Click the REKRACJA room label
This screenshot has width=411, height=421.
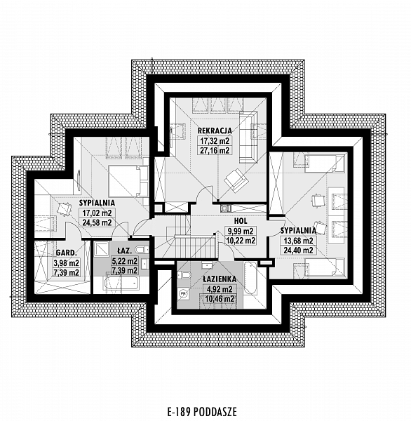coord(215,131)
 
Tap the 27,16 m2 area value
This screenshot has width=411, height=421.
coord(215,150)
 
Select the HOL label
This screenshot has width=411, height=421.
coord(241,221)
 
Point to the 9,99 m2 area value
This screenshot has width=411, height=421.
coord(241,231)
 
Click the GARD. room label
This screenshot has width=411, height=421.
coord(67,253)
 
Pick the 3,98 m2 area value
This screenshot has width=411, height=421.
coord(67,262)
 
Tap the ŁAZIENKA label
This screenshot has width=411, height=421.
coord(220,279)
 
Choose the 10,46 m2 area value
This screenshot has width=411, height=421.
coord(220,299)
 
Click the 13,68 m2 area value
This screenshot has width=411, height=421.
coord(299,241)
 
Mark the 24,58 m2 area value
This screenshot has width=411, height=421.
coord(97,222)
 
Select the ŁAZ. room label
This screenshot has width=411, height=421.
coord(125,250)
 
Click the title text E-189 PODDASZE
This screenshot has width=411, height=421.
coord(202,412)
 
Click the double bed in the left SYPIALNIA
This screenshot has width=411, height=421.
coord(128,181)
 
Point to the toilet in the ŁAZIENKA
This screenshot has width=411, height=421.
coord(184,275)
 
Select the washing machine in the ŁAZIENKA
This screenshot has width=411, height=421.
coord(183,294)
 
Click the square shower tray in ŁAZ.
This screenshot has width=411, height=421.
coord(101,249)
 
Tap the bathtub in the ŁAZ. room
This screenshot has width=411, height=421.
coord(121,283)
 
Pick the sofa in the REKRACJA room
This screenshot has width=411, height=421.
coord(248,138)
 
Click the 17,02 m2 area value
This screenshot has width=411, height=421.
coord(97,213)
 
